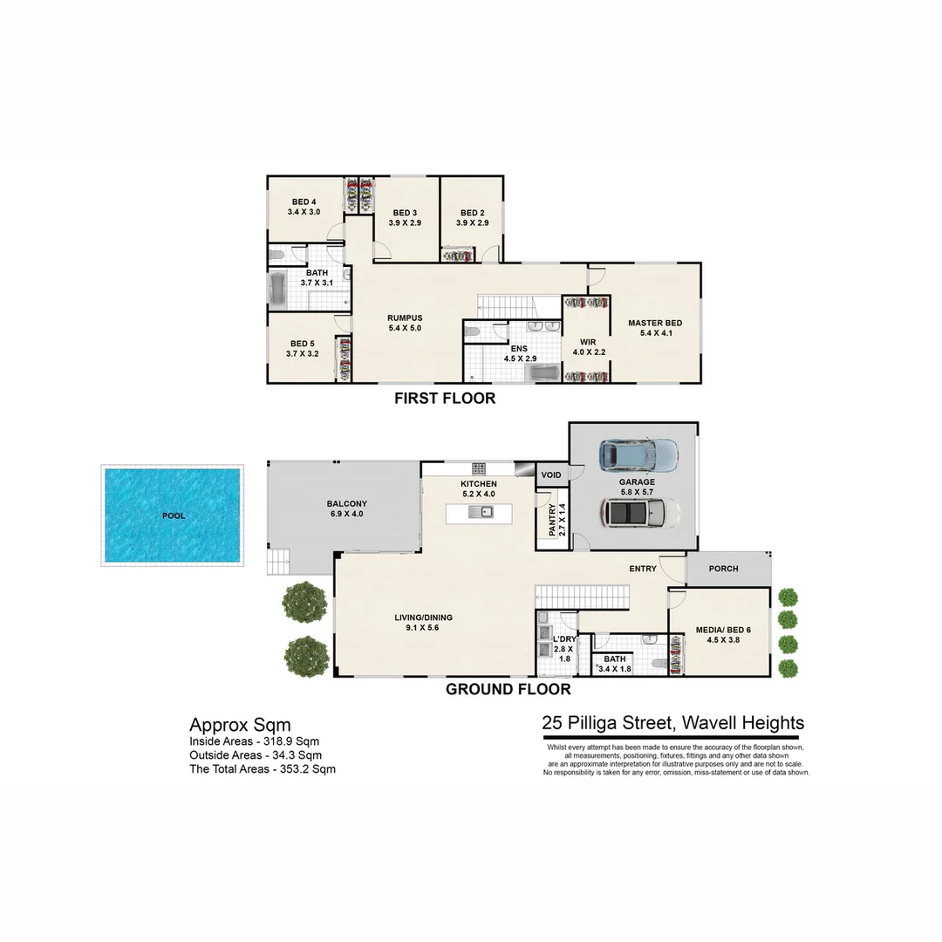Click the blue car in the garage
coord(638,454)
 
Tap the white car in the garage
coord(638,513)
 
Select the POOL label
coord(174,515)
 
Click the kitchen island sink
coord(480,512)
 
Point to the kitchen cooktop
coord(480,469)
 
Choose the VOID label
coord(551,475)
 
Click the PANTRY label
coord(551,520)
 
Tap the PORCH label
coord(723,569)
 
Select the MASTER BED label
coord(655,323)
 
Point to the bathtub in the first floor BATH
coord(277,290)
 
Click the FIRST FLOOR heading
coord(445,399)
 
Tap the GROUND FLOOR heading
coord(509,689)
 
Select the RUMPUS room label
coord(405,317)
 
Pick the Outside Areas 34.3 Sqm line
coord(256,755)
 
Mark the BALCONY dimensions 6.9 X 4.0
coord(346,515)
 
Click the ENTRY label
coord(643,569)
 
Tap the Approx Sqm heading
coord(240,725)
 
